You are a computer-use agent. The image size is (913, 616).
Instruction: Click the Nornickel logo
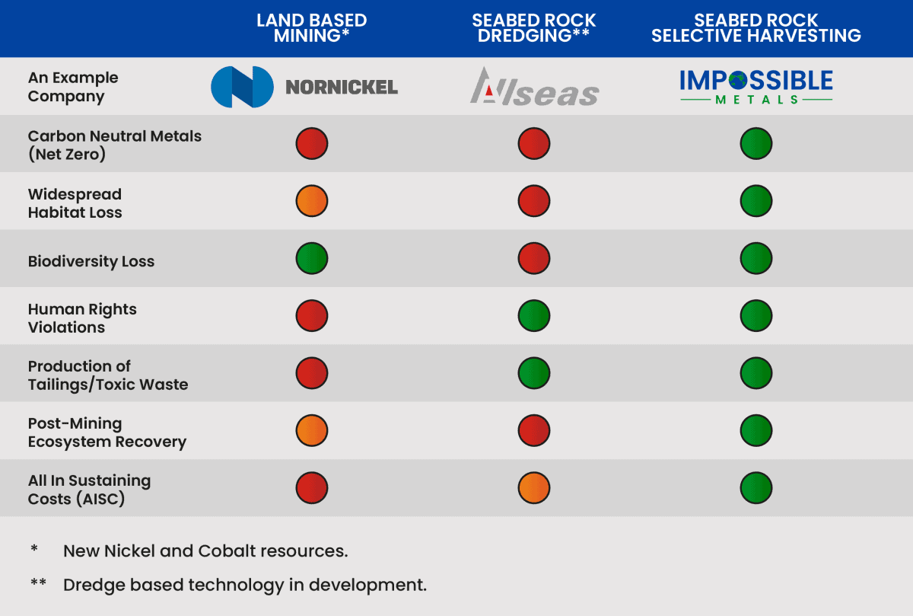pos(304,87)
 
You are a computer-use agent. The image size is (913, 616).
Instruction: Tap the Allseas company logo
pos(534,87)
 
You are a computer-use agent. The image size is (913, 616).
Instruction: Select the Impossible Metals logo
pos(756,87)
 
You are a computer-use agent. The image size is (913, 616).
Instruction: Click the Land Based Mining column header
pos(311,28)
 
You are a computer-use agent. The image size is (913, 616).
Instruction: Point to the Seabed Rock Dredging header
pos(534,28)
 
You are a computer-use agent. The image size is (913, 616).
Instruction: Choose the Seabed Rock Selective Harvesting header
pos(756,28)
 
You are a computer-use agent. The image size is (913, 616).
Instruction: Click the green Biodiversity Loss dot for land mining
pos(312,258)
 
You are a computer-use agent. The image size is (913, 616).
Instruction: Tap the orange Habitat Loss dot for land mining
pos(312,201)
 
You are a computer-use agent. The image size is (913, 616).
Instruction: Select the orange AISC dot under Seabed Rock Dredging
pos(534,488)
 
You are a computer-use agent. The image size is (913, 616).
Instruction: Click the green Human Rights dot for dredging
pos(534,316)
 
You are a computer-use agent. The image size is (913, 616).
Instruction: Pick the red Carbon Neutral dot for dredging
pos(534,143)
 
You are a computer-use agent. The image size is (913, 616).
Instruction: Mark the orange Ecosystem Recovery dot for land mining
pos(312,431)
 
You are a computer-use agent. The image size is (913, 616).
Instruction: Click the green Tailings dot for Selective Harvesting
pos(756,373)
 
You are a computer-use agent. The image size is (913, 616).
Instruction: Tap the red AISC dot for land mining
pos(312,488)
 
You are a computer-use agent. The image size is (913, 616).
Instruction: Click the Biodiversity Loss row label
pos(91,261)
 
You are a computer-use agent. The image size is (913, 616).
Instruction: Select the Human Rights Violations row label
pos(82,318)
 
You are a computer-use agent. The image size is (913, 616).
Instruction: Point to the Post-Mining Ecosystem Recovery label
pos(107,432)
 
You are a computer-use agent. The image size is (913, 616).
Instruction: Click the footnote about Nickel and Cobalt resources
pos(205,551)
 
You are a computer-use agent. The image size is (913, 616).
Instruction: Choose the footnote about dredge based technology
pos(244,585)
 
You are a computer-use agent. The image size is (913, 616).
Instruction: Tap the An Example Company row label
pos(73,87)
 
